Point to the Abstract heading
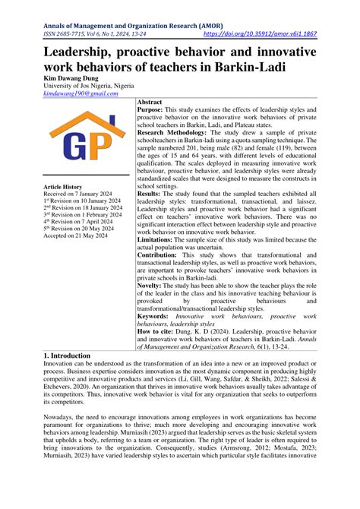pyautogui.click(x=153, y=101)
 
